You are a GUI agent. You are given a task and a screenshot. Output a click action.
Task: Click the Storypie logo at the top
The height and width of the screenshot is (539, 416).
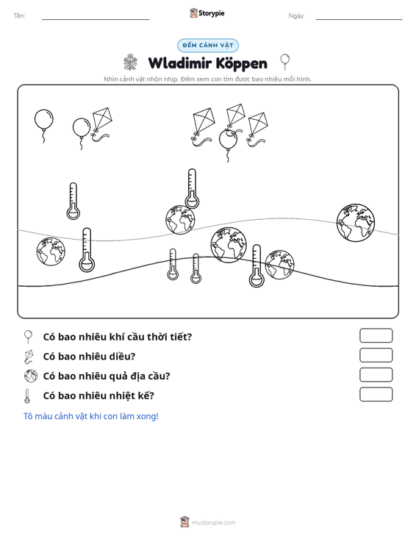(207, 13)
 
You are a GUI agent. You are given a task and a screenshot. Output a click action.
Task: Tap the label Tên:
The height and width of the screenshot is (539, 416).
(19, 16)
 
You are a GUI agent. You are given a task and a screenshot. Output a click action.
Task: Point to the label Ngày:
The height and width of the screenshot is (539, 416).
(296, 16)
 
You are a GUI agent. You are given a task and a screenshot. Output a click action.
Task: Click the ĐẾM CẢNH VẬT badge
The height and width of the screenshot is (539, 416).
(208, 46)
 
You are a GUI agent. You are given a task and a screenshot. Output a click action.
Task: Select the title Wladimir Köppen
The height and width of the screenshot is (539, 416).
(207, 63)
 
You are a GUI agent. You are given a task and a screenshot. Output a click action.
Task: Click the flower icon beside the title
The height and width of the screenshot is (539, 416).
(130, 63)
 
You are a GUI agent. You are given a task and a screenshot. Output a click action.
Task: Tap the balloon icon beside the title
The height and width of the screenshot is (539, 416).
(284, 62)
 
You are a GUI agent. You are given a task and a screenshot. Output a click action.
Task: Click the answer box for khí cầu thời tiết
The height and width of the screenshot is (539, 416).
(376, 335)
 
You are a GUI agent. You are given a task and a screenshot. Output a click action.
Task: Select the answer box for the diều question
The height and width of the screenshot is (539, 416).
(376, 355)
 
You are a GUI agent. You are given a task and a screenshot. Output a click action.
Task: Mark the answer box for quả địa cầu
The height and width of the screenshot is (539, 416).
(376, 375)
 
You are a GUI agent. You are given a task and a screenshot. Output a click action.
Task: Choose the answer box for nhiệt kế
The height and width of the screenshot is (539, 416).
(376, 394)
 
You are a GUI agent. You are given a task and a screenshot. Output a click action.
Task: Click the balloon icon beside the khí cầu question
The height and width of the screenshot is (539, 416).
(28, 336)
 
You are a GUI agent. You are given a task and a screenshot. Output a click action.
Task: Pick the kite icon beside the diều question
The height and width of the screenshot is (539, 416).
(29, 357)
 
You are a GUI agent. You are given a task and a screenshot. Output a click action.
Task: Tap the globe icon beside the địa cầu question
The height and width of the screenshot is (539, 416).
(31, 376)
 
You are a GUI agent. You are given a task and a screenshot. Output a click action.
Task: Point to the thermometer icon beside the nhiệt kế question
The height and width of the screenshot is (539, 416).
(27, 396)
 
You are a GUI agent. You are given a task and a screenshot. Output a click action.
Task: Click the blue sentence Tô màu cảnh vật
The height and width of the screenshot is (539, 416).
(90, 416)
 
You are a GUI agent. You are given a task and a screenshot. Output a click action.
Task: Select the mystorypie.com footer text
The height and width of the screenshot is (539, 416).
(213, 523)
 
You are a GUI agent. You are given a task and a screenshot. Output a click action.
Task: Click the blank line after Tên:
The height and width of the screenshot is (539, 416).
(96, 19)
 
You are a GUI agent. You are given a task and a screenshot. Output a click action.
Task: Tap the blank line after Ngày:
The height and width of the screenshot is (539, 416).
(359, 19)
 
